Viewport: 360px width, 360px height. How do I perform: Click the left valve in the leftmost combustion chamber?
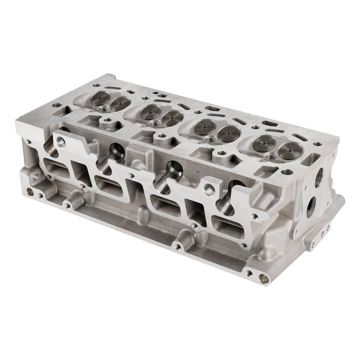[x=101, y=100]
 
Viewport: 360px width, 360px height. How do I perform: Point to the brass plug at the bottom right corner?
[x=260, y=277]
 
